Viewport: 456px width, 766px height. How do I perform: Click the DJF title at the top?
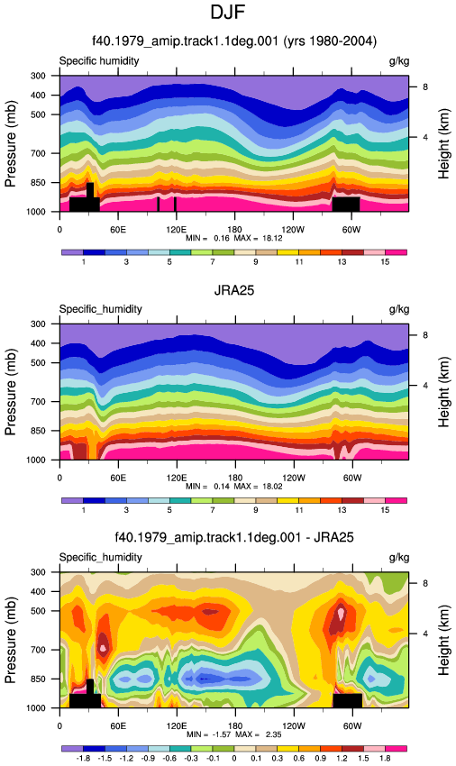click(228, 12)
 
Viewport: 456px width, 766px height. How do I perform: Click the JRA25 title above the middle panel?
click(234, 290)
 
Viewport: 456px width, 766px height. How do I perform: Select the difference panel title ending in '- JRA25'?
click(234, 537)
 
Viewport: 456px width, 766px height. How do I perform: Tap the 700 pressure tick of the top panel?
click(38, 153)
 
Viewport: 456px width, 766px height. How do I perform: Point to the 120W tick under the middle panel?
click(293, 478)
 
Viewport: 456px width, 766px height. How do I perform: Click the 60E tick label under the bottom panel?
click(118, 726)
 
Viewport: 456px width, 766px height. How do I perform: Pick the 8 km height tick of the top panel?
click(425, 87)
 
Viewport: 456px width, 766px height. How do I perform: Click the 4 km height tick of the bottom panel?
click(425, 634)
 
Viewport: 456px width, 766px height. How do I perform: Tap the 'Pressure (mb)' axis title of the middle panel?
click(10, 392)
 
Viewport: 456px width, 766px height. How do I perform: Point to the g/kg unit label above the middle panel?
click(399, 309)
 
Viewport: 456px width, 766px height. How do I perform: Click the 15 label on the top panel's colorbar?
click(385, 262)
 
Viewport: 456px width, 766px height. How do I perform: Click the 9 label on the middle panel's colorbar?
click(256, 510)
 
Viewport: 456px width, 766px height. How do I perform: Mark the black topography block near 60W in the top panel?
click(346, 205)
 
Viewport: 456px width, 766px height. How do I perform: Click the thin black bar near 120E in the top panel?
click(175, 205)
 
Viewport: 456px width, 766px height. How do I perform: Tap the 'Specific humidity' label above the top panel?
click(99, 61)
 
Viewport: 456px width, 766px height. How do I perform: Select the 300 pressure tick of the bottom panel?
click(38, 572)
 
